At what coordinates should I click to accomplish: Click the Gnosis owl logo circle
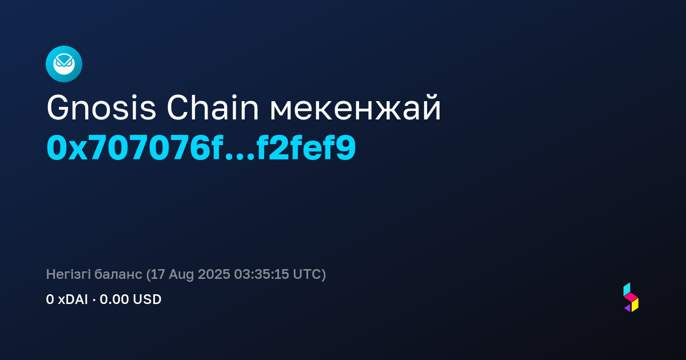coord(64,64)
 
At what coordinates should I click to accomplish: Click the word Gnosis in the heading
coord(101,108)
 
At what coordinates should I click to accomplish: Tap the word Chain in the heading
coord(213,108)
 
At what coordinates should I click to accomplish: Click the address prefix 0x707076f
coord(134,147)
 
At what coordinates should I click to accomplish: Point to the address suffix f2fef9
coord(306,147)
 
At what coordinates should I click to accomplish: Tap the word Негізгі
coord(68,274)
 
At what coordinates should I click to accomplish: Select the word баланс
coord(118,274)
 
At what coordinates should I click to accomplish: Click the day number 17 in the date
coord(157,274)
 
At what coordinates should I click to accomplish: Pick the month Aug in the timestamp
coord(181,275)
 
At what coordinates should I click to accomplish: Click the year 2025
coord(214,274)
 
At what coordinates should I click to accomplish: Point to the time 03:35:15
coord(261,274)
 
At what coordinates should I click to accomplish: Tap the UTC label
coord(307,274)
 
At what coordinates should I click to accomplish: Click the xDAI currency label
coord(73,299)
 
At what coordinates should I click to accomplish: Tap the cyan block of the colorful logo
coord(627,289)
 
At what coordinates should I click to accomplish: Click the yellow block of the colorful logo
coord(635,305)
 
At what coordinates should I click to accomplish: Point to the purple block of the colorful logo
coord(628,308)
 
